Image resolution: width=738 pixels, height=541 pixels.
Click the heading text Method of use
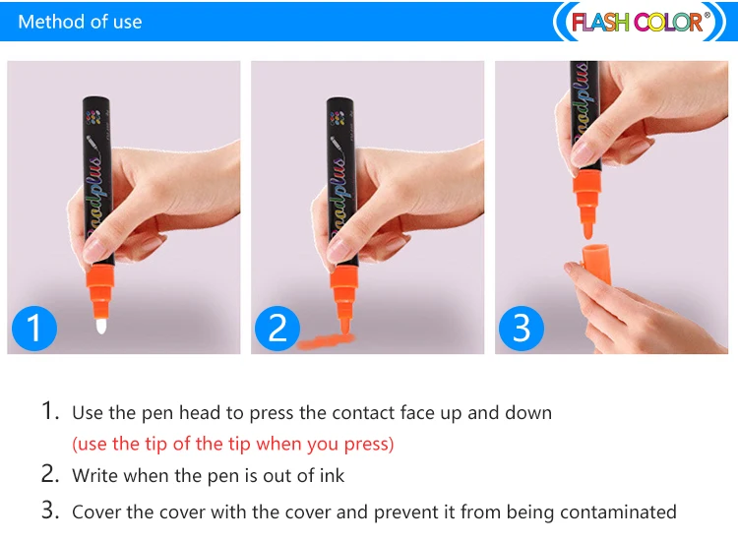coord(80,22)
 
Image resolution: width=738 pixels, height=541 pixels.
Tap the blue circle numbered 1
coord(33,328)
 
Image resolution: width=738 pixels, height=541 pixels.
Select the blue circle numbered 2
coord(277,328)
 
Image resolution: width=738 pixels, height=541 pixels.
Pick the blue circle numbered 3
coord(521,328)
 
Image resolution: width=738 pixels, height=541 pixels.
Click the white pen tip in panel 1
coord(101,326)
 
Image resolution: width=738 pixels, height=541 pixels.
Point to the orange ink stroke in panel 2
coord(326,341)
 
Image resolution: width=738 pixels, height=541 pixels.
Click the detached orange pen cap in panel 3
coord(597,264)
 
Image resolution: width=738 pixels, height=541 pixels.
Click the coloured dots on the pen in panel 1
coord(95,117)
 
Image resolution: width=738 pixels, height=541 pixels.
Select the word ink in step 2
coord(332,476)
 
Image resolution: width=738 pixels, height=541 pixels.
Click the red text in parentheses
coord(233,444)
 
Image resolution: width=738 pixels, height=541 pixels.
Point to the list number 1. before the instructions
coord(50,411)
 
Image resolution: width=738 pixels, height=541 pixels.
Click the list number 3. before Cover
coord(50,511)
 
